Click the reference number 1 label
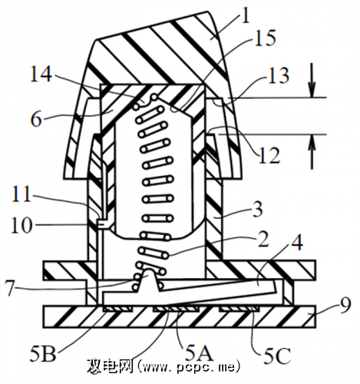[245, 15]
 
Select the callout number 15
[266, 38]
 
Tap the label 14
[41, 73]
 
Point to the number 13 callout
[279, 75]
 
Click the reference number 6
[36, 119]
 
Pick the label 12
[269, 155]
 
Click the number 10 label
[21, 225]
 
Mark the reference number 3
[257, 209]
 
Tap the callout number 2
[263, 239]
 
